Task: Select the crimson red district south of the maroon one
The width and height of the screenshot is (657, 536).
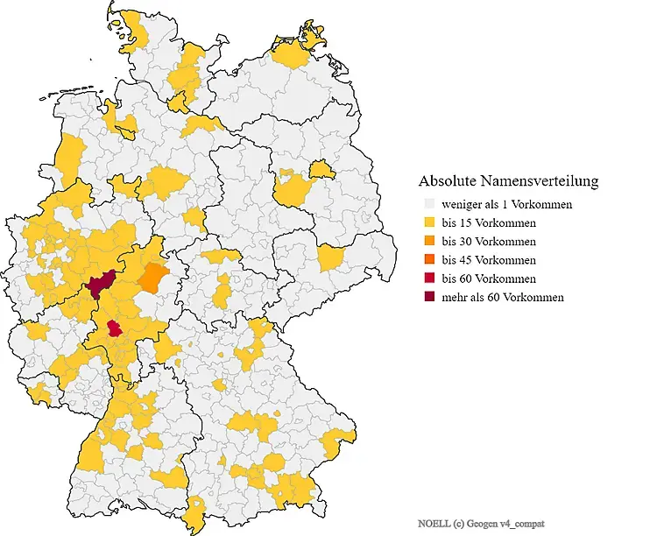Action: pos(114,329)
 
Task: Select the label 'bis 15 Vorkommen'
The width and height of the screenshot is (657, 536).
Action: pos(490,222)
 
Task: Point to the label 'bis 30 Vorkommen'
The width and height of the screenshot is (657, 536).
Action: pos(490,241)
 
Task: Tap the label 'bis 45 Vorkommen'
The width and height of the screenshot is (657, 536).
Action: pos(490,260)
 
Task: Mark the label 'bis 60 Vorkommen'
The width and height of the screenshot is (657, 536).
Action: pos(490,279)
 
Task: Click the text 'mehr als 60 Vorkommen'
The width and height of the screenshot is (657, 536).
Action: pos(503,297)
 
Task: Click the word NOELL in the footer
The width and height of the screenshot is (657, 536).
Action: pos(433,523)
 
